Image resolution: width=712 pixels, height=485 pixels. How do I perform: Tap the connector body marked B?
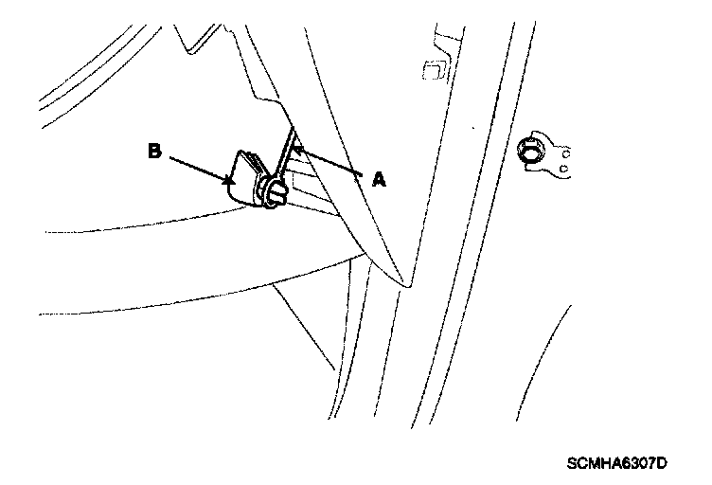(243, 178)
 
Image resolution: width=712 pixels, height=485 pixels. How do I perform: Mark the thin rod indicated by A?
(285, 152)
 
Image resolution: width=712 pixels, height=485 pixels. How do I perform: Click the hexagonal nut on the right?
(530, 152)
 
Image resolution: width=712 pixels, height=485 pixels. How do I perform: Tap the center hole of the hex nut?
(529, 152)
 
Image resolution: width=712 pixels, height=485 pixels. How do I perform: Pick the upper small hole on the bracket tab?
(565, 152)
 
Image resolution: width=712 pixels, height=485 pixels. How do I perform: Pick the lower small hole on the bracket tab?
(565, 170)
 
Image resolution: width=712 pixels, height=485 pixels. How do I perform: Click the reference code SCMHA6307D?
(616, 463)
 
